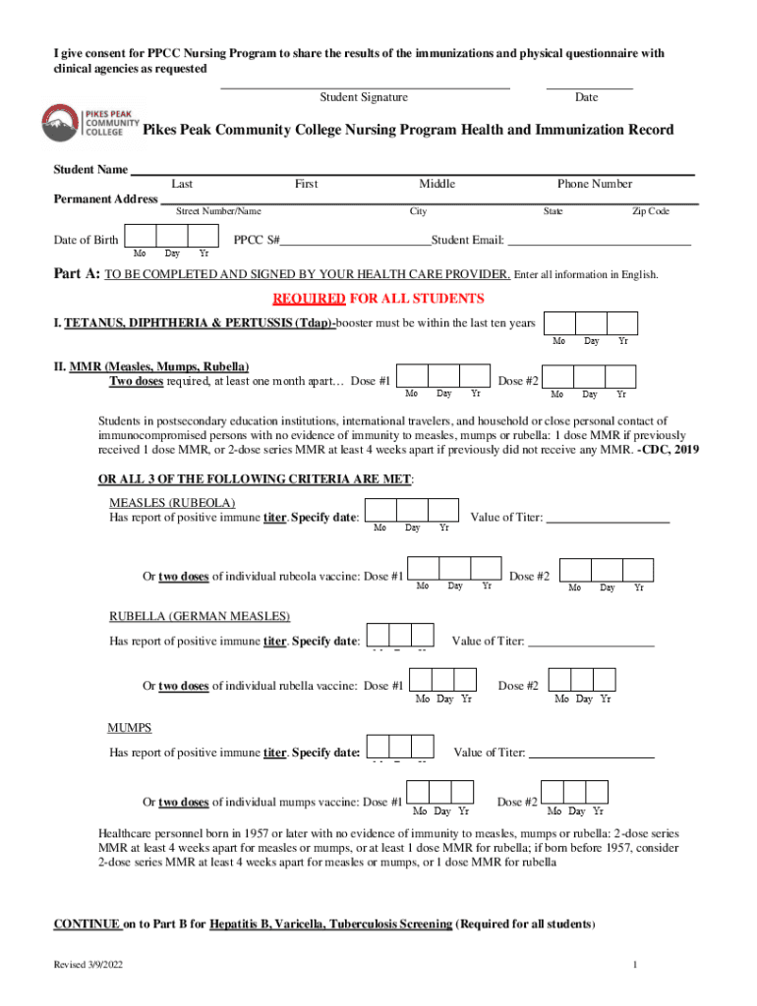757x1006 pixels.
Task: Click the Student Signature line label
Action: point(364,97)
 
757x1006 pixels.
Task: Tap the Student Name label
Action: point(89,170)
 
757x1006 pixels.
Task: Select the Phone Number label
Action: point(595,184)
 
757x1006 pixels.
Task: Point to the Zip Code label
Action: point(650,211)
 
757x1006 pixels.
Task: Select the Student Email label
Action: point(468,240)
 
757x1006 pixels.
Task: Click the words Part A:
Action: point(76,274)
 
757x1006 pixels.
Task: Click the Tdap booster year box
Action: point(622,323)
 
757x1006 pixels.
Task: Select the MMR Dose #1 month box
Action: point(413,376)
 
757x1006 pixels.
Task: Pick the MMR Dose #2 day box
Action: point(589,376)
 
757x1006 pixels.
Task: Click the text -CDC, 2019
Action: point(669,450)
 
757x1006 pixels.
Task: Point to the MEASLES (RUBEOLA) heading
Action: point(171,503)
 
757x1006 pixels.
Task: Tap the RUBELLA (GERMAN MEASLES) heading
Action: point(199,616)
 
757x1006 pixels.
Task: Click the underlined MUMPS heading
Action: point(129,728)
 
